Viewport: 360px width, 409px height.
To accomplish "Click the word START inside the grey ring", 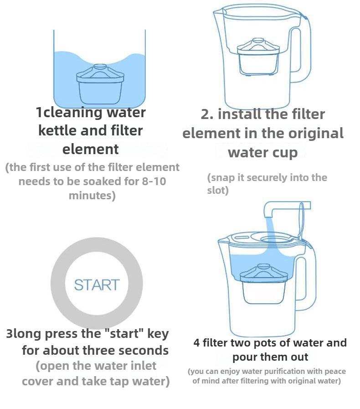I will tap(96, 285).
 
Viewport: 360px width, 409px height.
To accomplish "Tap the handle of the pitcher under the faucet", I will tap(306, 283).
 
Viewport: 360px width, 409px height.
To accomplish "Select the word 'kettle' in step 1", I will tap(57, 131).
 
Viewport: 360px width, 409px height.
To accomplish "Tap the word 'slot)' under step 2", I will tap(218, 191).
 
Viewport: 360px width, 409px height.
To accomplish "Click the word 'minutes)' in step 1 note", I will tap(92, 196).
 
